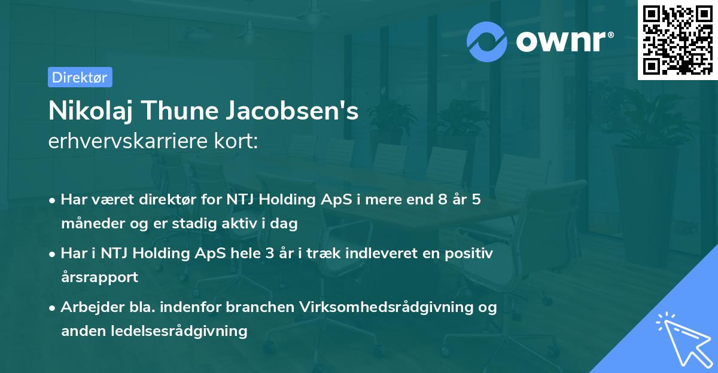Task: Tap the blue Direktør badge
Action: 80,77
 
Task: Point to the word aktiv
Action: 244,224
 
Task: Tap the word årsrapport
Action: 99,277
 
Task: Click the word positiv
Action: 469,253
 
